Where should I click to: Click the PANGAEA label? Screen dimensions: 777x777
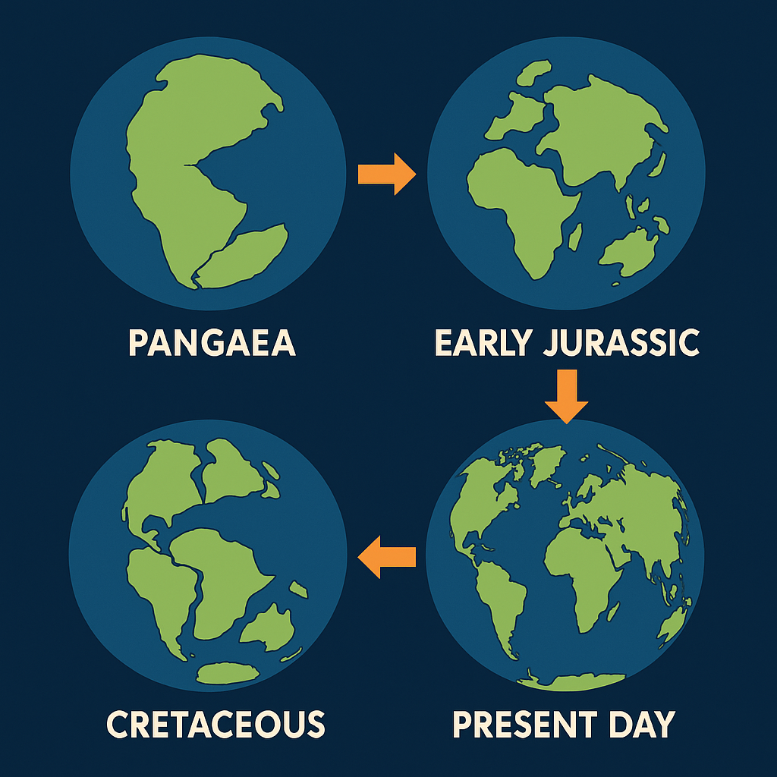tap(212, 342)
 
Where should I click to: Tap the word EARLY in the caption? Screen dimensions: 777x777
tap(483, 342)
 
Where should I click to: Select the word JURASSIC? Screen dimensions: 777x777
tap(621, 342)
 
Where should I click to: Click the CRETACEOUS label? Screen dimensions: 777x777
tap(215, 724)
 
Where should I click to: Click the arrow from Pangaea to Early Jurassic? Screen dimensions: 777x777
tap(386, 174)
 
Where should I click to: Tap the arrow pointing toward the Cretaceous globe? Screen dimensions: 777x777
tap(386, 557)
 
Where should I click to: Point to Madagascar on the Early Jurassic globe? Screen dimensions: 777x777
tap(575, 237)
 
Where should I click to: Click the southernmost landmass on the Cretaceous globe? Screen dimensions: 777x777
tap(228, 673)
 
